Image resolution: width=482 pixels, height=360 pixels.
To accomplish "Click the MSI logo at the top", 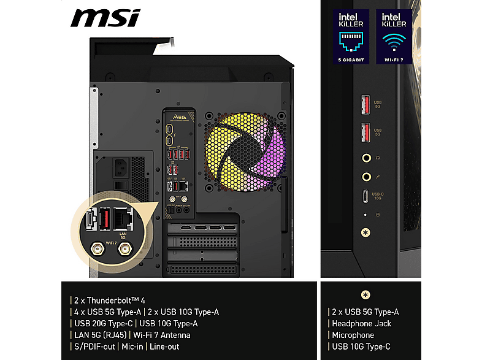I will [105, 19].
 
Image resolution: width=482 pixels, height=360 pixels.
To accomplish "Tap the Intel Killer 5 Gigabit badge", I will [351, 37].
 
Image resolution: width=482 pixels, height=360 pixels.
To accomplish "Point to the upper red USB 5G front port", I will [366, 101].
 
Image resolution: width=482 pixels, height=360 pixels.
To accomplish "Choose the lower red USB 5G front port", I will [366, 131].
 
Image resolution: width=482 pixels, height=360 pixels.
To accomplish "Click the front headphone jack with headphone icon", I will [366, 158].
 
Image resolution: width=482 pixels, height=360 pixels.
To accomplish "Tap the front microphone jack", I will [366, 177].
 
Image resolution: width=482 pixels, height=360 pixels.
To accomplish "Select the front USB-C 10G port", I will [366, 197].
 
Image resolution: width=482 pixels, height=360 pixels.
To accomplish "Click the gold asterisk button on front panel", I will [366, 233].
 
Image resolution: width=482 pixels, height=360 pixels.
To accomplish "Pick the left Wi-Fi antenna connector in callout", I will [96, 249].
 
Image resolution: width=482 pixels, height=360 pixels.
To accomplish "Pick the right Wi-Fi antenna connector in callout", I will [126, 249].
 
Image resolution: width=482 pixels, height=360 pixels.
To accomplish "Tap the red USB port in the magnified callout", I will [105, 218].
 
